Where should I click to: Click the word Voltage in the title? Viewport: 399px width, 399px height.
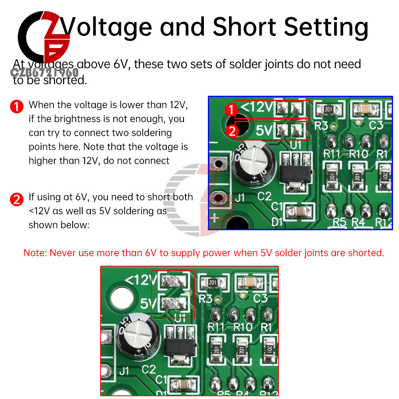point(107,27)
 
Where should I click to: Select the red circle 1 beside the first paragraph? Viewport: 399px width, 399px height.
point(16,107)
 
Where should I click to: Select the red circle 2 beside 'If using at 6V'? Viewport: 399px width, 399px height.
point(16,199)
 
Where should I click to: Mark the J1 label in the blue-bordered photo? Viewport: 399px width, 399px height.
point(240,198)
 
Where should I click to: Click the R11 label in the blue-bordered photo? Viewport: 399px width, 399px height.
point(332,154)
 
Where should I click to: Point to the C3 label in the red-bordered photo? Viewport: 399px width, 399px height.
point(260,298)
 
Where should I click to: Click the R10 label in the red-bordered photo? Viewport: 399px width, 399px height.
point(243,326)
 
